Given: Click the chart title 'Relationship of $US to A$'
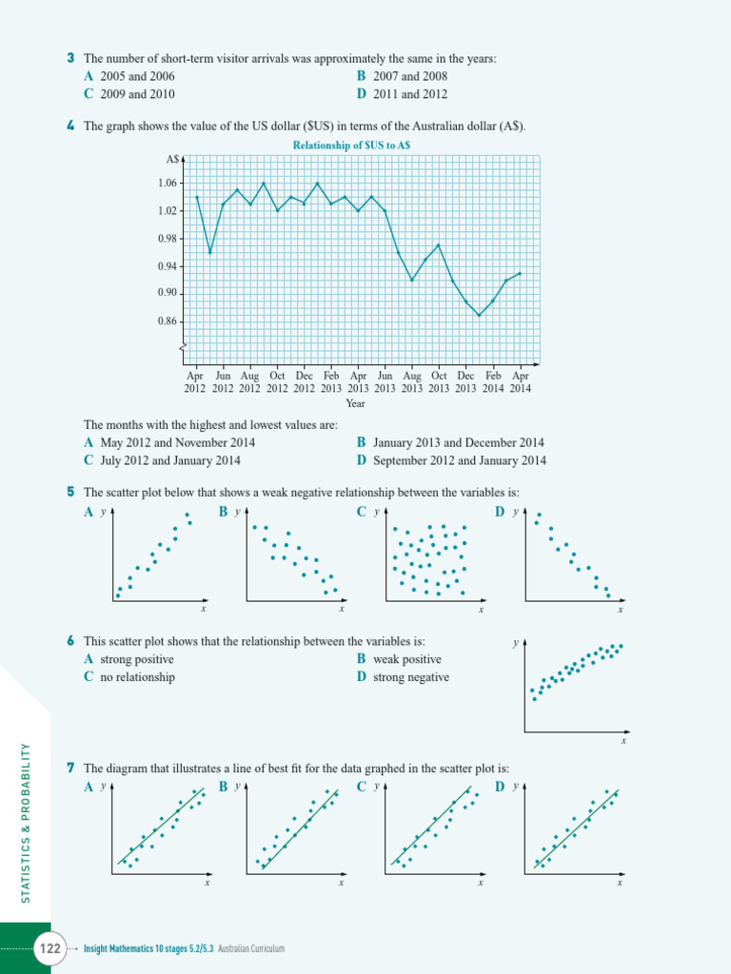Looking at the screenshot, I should (x=352, y=146).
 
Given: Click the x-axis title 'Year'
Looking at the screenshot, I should (x=356, y=403).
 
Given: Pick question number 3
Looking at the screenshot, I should (x=71, y=59).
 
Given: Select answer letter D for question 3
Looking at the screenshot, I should (x=362, y=94).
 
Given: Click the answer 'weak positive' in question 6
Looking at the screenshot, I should (x=407, y=659).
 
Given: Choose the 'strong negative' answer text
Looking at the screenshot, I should (x=411, y=677).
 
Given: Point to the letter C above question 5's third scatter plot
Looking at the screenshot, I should (x=362, y=513).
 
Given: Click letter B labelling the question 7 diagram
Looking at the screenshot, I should (x=224, y=787).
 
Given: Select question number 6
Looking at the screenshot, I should (x=71, y=642).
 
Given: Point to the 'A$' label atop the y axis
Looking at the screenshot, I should (x=171, y=159).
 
